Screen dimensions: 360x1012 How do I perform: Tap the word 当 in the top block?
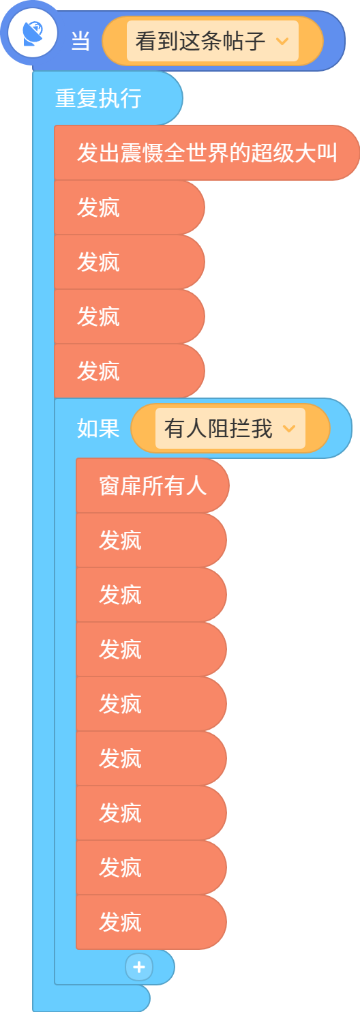pyautogui.click(x=80, y=41)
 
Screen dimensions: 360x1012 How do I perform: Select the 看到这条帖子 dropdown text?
pyautogui.click(x=200, y=41)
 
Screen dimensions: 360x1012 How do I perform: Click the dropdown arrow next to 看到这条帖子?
pyautogui.click(x=282, y=41)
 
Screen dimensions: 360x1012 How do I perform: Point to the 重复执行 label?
pyautogui.click(x=98, y=98)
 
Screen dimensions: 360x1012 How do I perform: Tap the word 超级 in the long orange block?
pyautogui.click(x=272, y=153)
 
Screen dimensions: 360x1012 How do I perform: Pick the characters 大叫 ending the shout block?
pyautogui.click(x=316, y=153)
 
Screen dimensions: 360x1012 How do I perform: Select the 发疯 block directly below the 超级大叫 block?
pyautogui.click(x=129, y=207)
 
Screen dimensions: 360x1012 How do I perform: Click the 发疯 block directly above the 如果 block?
pyautogui.click(x=129, y=371)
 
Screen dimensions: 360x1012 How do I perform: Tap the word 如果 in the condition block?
pyautogui.click(x=98, y=428)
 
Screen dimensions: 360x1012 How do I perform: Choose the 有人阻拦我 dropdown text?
pyautogui.click(x=218, y=428)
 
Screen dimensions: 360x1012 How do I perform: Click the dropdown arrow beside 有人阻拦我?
pyautogui.click(x=289, y=428)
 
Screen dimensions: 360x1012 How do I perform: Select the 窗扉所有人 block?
pyautogui.click(x=153, y=486)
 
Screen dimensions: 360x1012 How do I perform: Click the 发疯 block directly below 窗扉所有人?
pyautogui.click(x=151, y=540)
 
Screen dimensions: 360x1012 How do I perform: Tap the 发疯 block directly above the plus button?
pyautogui.click(x=151, y=922)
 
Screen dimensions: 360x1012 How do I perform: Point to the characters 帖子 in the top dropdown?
pyautogui.click(x=243, y=41)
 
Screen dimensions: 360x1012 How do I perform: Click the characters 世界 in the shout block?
pyautogui.click(x=207, y=153)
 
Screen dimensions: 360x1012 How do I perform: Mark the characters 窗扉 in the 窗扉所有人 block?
pyautogui.click(x=120, y=486)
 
